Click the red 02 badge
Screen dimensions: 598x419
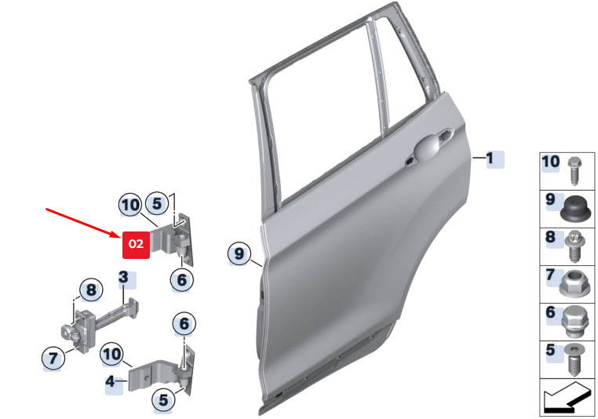click(136, 245)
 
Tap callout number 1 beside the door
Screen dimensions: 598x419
click(490, 158)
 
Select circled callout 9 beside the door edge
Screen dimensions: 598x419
click(239, 253)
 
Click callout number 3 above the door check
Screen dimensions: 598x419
click(123, 277)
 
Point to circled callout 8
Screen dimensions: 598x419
click(91, 290)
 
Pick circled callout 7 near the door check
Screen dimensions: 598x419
click(53, 358)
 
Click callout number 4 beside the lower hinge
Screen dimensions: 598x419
click(110, 381)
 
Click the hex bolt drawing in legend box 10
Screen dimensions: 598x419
click(574, 171)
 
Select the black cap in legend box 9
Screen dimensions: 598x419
click(575, 208)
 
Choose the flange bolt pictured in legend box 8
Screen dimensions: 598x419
click(574, 246)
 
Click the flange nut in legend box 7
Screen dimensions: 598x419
click(574, 284)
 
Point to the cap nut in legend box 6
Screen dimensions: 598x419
click(574, 322)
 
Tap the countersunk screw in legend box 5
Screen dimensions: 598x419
click(575, 359)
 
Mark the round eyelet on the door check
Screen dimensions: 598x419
click(68, 331)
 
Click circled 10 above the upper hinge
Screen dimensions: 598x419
click(130, 205)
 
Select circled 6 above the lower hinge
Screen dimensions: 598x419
click(184, 324)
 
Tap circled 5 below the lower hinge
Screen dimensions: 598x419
click(163, 400)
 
